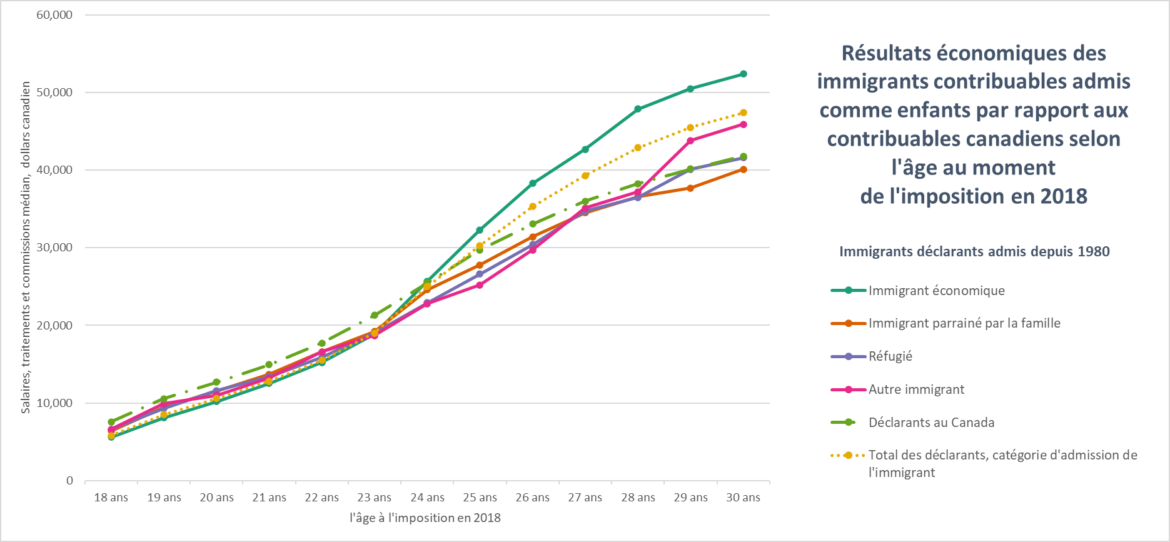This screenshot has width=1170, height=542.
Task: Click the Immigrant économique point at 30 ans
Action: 743,74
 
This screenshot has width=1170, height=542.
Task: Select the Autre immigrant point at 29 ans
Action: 690,141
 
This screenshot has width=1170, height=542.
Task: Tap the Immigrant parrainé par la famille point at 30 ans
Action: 743,169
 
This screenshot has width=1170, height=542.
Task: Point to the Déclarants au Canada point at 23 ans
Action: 374,316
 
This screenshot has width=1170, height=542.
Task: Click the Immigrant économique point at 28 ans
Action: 638,109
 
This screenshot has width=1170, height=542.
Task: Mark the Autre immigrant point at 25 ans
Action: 480,285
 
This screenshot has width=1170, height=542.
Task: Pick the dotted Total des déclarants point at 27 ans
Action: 585,176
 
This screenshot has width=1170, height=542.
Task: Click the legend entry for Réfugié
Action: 890,356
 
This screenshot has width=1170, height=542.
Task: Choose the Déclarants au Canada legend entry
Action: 931,423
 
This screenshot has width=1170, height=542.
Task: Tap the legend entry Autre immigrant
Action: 916,389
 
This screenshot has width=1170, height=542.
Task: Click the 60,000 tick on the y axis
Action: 55,15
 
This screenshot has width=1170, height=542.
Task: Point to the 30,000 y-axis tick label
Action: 55,248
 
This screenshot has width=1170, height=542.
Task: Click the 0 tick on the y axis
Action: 69,481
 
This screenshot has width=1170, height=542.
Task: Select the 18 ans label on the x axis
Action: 111,498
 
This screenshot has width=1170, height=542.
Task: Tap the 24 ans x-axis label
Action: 427,498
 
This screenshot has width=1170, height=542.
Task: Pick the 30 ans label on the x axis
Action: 743,498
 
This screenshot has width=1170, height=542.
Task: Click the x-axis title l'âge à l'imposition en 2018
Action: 425,518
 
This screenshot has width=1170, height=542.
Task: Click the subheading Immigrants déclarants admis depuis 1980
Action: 974,252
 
